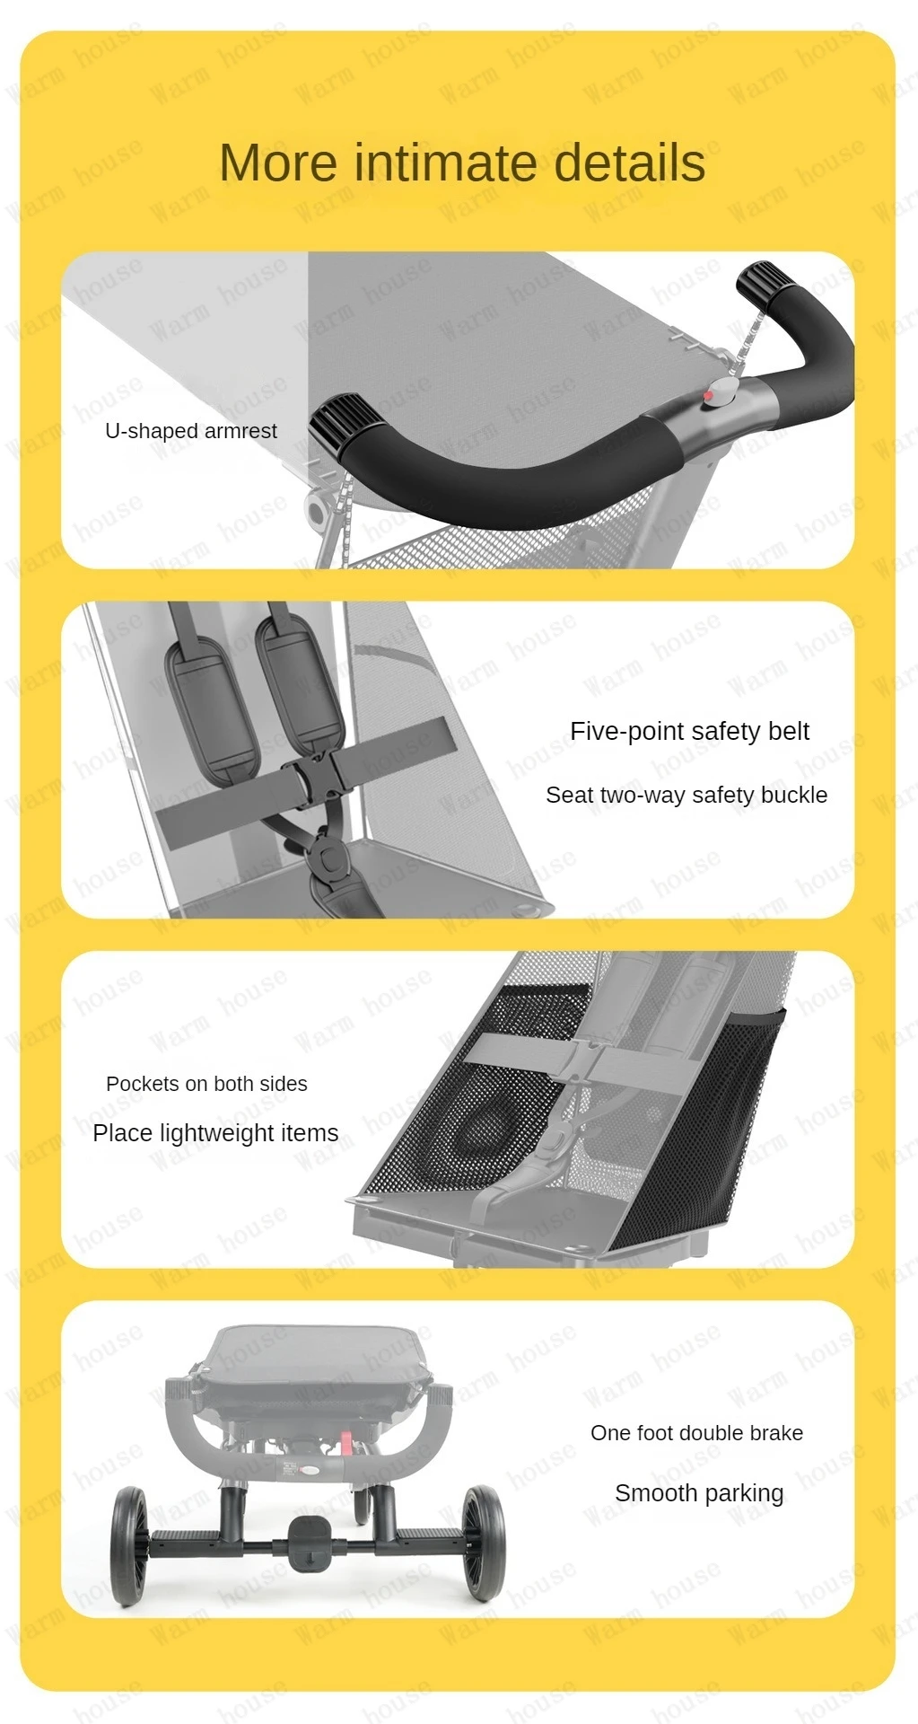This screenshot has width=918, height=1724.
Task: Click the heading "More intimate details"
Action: [x=462, y=163]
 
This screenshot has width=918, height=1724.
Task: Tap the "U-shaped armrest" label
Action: [x=191, y=431]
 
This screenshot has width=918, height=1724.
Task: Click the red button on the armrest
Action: [x=709, y=395]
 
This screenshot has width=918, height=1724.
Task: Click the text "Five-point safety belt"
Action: [x=689, y=731]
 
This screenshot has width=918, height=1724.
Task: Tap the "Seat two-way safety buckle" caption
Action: [x=686, y=795]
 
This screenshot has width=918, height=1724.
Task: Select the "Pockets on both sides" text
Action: [x=206, y=1084]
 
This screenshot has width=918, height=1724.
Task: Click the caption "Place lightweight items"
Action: [x=215, y=1133]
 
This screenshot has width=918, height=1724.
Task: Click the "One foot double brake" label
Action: [x=696, y=1433]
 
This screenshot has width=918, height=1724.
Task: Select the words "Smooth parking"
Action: [x=699, y=1493]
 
